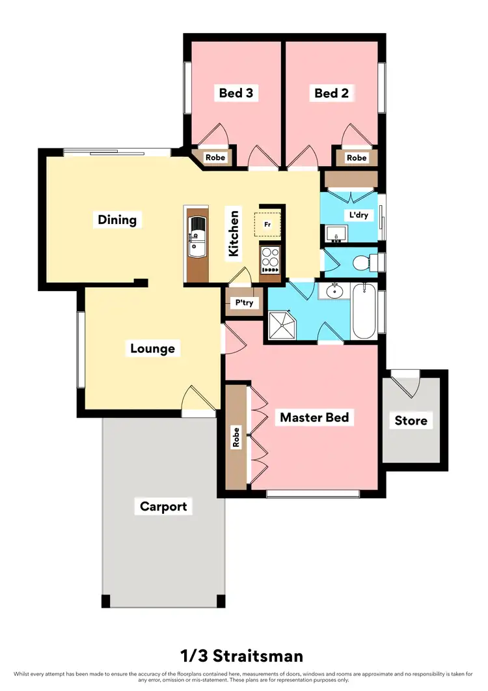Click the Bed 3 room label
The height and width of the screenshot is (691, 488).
tap(236, 93)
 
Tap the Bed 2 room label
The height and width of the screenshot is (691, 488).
tap(331, 93)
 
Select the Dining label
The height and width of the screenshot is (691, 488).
tap(117, 219)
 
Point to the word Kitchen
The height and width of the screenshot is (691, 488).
tap(233, 233)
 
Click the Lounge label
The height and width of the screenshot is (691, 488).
tap(152, 348)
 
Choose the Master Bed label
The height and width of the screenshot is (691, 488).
tap(314, 417)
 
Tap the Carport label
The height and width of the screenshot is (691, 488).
tap(163, 506)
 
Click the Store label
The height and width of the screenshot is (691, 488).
tap(411, 420)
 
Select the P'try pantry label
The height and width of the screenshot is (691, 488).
tap(244, 303)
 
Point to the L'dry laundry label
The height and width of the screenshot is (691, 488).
tap(360, 214)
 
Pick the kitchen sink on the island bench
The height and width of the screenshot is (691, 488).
tap(197, 237)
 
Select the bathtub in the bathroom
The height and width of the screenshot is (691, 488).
tap(364, 311)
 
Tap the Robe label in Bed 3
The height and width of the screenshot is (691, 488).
tap(215, 158)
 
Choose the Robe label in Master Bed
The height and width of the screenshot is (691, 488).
tap(237, 436)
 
